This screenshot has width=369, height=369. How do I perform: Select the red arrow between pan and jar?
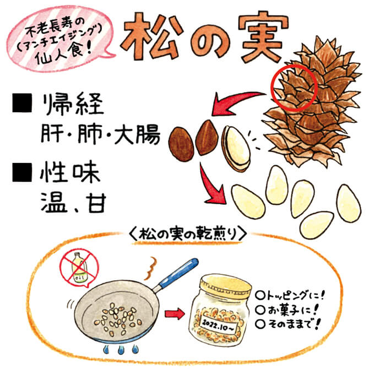(174, 314)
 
